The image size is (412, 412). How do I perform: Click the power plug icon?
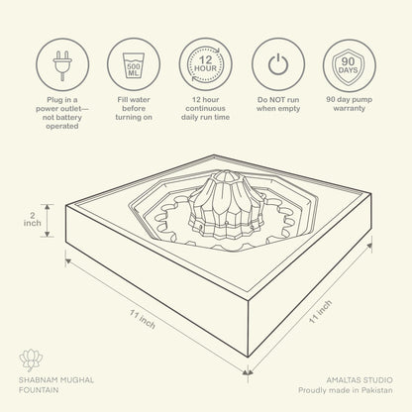[x=62, y=64]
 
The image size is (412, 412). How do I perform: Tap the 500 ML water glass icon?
[x=134, y=64]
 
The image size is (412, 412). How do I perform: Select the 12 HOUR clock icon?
[x=206, y=64]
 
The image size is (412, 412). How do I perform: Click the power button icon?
[x=278, y=64]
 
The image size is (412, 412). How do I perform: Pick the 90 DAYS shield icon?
[x=350, y=65]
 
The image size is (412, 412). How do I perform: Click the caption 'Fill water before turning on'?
[x=134, y=108]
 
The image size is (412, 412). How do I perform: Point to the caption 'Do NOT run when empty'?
[x=278, y=104]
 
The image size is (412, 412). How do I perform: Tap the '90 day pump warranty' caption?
[x=350, y=104]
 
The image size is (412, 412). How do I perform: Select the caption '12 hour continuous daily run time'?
[x=205, y=108]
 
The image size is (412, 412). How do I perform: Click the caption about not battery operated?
[x=62, y=113]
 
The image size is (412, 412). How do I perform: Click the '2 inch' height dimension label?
[x=33, y=220]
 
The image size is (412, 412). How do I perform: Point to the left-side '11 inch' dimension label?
[x=143, y=319]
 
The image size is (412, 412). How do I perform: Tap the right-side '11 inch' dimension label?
[x=320, y=311]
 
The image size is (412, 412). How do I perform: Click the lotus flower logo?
[x=31, y=360]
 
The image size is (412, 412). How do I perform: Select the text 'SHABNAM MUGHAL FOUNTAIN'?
[x=56, y=385]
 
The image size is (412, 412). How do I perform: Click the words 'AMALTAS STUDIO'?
[x=360, y=380]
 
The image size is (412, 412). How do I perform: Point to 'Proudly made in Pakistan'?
[x=346, y=390]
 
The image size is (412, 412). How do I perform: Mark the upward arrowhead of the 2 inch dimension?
[x=48, y=207]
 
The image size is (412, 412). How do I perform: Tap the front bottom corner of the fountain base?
[x=248, y=357]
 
